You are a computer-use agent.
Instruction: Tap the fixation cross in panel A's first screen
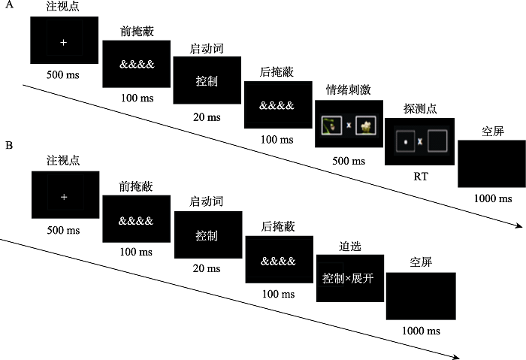pyautogui.click(x=64, y=43)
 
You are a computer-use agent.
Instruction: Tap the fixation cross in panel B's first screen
pyautogui.click(x=65, y=196)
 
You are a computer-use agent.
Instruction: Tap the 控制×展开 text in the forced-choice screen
pyautogui.click(x=349, y=278)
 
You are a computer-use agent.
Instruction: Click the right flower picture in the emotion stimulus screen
pyautogui.click(x=366, y=126)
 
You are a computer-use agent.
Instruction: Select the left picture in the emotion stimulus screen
pyautogui.click(x=331, y=126)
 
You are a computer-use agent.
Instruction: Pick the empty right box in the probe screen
pyautogui.click(x=437, y=141)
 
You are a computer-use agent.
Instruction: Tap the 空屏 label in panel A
pyautogui.click(x=492, y=132)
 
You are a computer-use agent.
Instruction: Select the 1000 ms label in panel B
pyautogui.click(x=420, y=331)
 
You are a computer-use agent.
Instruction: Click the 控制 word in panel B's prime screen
pyautogui.click(x=207, y=236)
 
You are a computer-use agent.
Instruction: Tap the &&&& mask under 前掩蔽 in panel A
pyautogui.click(x=136, y=64)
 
